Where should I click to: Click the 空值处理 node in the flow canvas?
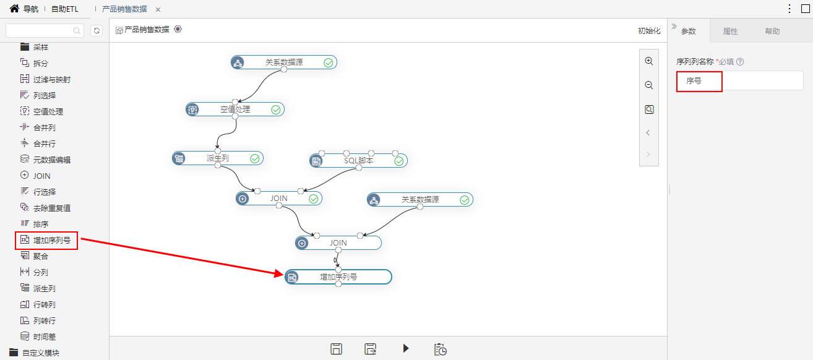(235, 109)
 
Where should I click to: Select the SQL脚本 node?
(358, 160)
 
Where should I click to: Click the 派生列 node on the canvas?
(218, 158)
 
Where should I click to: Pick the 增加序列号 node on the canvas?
(338, 277)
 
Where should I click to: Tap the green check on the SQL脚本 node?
(399, 161)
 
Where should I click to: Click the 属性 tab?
(730, 31)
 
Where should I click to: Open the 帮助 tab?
(772, 31)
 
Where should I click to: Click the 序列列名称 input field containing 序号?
(740, 81)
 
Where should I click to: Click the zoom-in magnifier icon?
(649, 61)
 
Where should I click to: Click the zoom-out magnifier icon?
(649, 85)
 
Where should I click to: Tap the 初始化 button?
(649, 31)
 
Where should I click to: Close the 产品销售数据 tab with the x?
(158, 9)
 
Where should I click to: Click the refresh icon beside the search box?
(97, 30)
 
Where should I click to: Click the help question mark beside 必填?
(740, 62)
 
